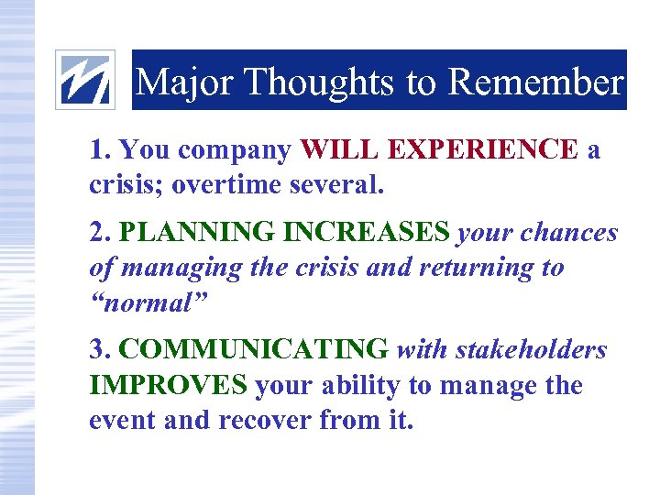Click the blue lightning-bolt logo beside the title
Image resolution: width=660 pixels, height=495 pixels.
click(x=86, y=80)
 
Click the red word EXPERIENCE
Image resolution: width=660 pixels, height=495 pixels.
click(x=483, y=149)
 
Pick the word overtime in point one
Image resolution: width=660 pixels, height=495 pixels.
click(x=225, y=184)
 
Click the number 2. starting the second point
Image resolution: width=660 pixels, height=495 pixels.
click(x=101, y=233)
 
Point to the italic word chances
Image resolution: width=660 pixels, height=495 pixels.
click(x=571, y=233)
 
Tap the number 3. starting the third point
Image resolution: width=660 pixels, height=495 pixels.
click(x=101, y=350)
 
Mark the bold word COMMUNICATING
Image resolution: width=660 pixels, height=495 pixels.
click(x=254, y=350)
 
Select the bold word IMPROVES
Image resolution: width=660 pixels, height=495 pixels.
click(x=168, y=385)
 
